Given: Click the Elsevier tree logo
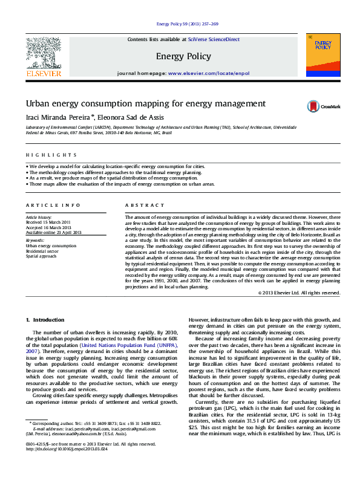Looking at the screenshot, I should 43,53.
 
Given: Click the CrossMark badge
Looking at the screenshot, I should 324,106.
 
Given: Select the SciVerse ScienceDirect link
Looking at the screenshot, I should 214,39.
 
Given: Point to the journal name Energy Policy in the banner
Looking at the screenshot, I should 183,57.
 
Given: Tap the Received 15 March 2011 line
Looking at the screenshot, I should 48,221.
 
